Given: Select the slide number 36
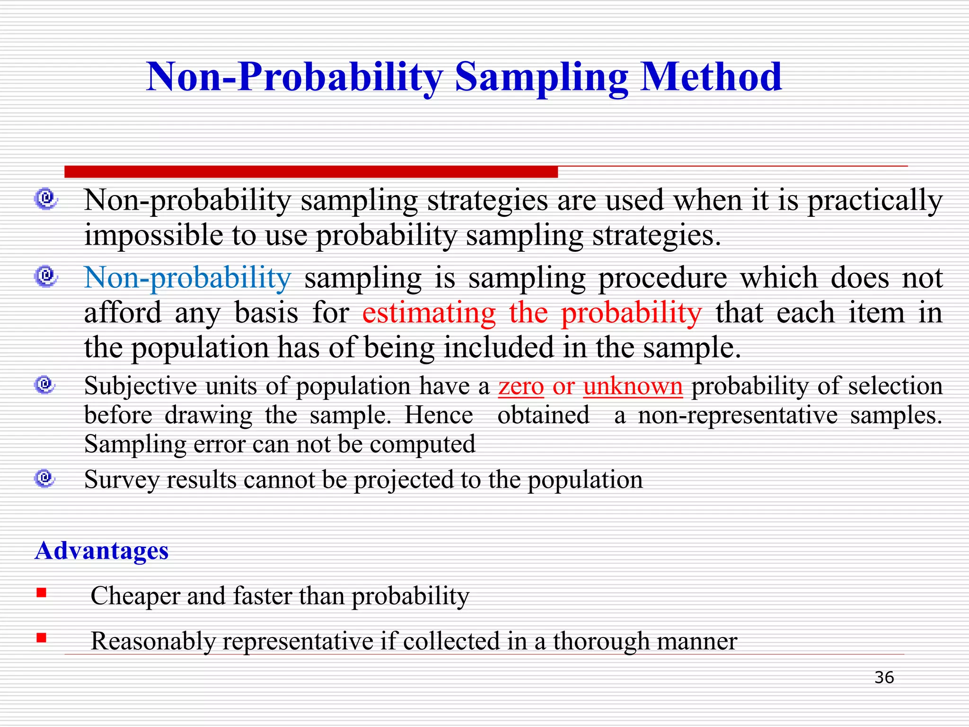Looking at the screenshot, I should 884,677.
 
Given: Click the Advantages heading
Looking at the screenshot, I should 102,550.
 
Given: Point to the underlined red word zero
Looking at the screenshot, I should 521,386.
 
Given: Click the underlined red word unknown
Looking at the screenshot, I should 633,386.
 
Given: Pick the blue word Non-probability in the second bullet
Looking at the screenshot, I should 187,278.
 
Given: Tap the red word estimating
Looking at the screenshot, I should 429,313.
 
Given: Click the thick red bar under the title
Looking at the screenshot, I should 311,172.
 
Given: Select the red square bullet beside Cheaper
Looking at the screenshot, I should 42,593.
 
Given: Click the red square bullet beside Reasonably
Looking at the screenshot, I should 42,638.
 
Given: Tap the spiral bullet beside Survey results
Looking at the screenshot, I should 45,479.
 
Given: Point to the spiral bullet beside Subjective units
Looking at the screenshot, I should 45,385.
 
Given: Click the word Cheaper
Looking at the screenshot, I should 135,595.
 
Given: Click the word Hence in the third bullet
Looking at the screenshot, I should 439,416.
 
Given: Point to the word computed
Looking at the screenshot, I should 422,445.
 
